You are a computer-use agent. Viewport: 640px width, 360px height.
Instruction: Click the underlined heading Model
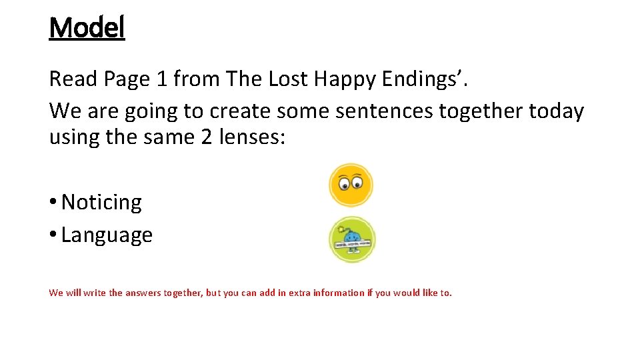(x=87, y=28)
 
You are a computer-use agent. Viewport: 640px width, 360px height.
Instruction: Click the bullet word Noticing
(x=101, y=203)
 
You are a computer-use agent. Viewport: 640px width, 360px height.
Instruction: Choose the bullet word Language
(x=107, y=235)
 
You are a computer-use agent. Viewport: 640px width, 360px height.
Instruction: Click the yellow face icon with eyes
(x=351, y=185)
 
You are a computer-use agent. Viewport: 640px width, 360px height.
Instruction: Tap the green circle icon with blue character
(x=352, y=241)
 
